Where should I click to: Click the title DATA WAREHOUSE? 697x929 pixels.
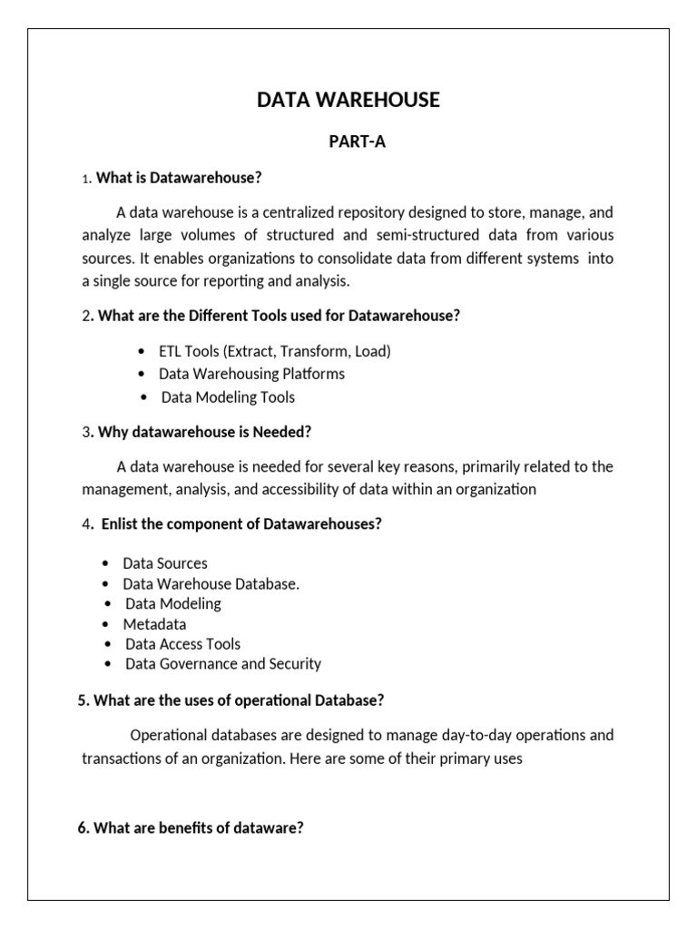[x=348, y=101]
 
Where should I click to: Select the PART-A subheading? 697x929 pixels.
[x=348, y=142]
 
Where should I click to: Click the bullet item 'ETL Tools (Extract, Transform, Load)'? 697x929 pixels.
[x=275, y=351]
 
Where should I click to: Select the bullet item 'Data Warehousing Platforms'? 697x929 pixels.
[x=251, y=374]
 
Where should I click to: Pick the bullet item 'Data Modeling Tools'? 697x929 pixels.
[x=228, y=397]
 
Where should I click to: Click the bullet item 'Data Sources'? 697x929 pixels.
[x=165, y=563]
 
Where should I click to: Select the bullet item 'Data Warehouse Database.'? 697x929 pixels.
[x=211, y=584]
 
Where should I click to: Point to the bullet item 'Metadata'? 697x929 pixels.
[x=155, y=624]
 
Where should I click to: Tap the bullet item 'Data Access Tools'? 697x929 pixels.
[x=182, y=644]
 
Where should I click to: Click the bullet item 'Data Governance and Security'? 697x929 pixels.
[x=222, y=664]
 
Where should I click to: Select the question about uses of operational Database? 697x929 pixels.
[x=231, y=700]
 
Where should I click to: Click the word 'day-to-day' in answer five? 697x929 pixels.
[x=455, y=735]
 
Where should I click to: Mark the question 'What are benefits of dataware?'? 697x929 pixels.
[x=191, y=827]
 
